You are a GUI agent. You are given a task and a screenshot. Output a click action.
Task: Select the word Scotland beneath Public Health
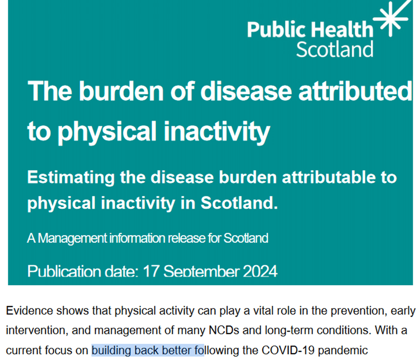[x=335, y=49]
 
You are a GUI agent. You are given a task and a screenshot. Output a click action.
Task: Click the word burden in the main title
[x=121, y=91]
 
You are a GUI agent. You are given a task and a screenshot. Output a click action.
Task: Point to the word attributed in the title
[x=355, y=91]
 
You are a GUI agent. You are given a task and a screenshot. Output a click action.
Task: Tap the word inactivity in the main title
[x=217, y=132]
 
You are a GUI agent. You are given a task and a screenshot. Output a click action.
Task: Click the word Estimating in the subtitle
[x=71, y=178]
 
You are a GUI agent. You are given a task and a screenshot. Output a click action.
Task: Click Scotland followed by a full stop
[x=239, y=203]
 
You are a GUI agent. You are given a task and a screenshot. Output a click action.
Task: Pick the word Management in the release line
[x=72, y=239]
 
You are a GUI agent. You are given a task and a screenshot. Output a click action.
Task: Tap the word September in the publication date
[x=202, y=272]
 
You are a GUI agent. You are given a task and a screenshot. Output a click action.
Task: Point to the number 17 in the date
[x=151, y=271]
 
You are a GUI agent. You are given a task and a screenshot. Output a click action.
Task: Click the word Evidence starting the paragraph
[x=29, y=310]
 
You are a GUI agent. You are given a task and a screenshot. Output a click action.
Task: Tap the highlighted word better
[x=176, y=350]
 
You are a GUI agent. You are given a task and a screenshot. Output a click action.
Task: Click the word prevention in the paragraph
[x=358, y=311]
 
